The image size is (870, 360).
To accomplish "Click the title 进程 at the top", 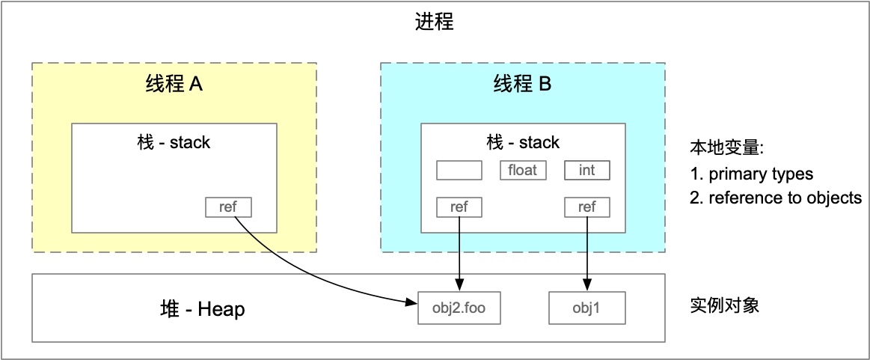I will [x=434, y=22].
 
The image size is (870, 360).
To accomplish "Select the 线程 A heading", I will [x=174, y=85].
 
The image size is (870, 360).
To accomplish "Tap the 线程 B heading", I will [x=522, y=85].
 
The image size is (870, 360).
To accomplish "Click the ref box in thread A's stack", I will [x=228, y=207].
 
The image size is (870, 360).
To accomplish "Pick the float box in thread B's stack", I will [x=522, y=170].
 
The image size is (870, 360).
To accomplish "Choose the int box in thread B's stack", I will [x=587, y=170].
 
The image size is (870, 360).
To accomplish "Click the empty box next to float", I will [x=459, y=170].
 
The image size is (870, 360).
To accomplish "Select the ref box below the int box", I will [x=587, y=207].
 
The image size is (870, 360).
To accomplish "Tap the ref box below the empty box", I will [x=459, y=207].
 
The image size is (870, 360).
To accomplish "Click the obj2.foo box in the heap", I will [x=459, y=308].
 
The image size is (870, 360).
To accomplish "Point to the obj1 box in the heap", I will [x=587, y=308].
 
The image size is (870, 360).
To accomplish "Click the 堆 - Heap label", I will [x=199, y=308].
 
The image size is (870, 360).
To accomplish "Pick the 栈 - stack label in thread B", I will [x=522, y=141].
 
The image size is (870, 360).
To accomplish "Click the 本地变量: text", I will [x=726, y=149].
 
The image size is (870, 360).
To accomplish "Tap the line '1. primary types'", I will [x=752, y=174].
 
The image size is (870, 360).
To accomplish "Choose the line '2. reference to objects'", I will [x=776, y=198].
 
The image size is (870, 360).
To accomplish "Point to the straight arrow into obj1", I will [x=587, y=254].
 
